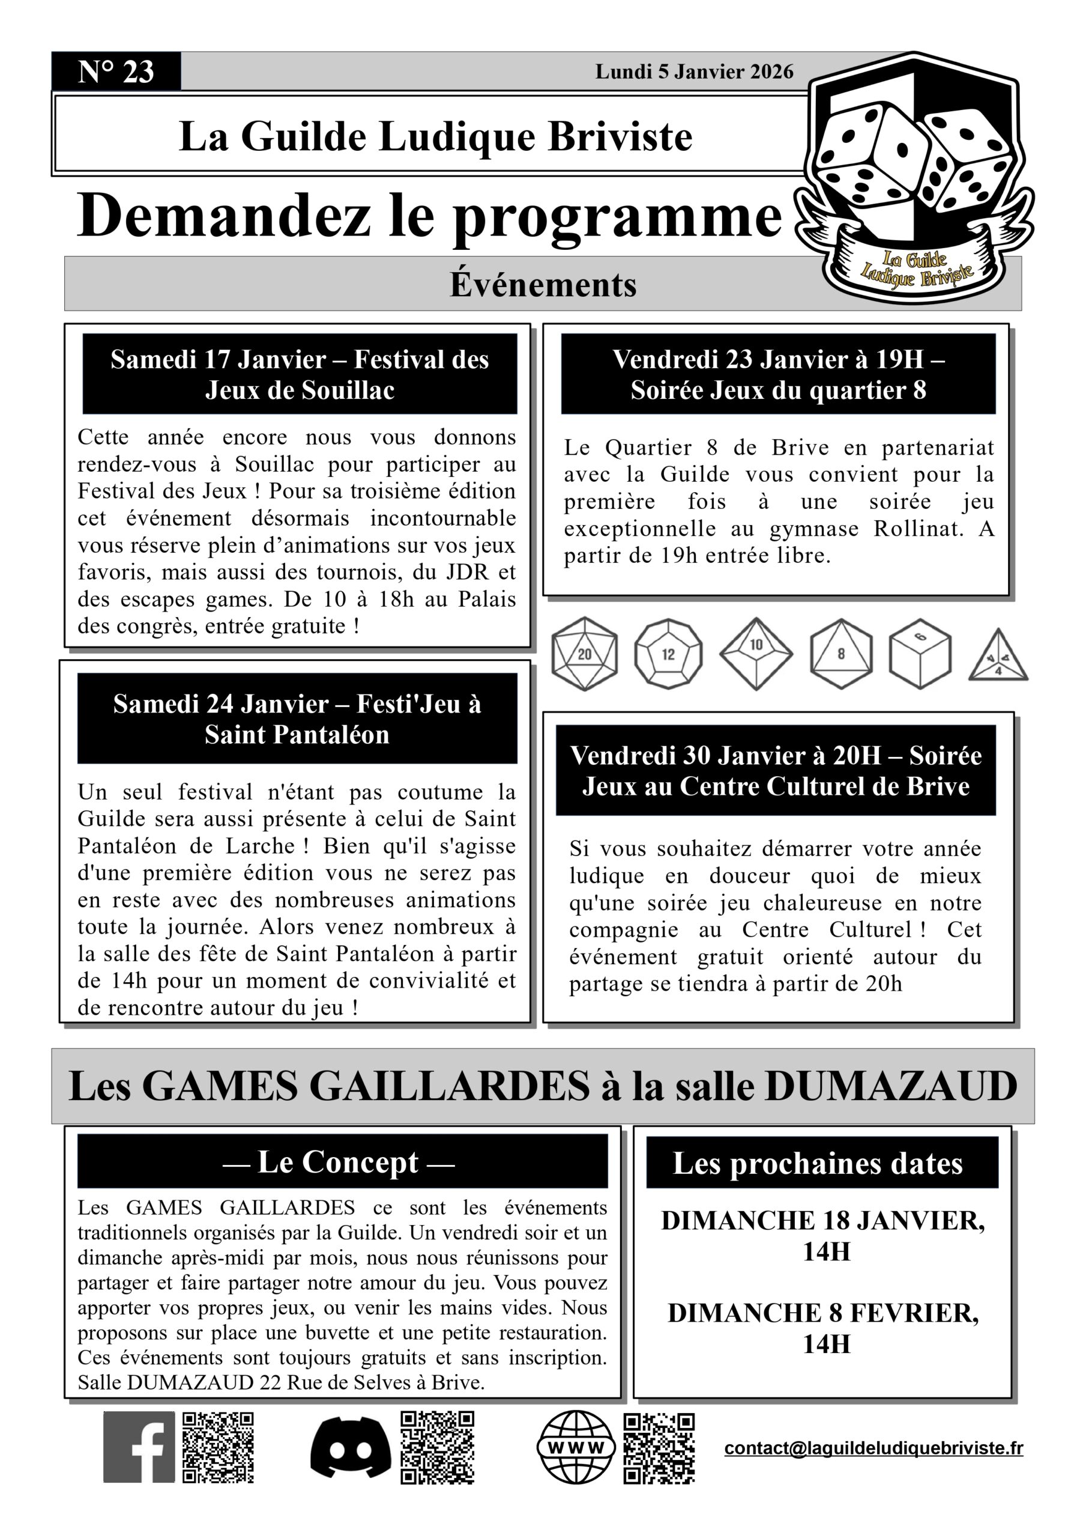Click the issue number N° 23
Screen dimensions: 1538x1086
pyautogui.click(x=116, y=71)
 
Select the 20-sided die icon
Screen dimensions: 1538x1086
pyautogui.click(x=584, y=654)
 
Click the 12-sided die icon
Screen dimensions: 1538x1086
pyautogui.click(x=668, y=654)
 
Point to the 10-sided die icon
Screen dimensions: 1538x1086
pyautogui.click(x=756, y=653)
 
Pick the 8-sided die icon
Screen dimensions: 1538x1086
pyautogui.click(x=841, y=653)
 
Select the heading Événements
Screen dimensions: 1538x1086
pyautogui.click(x=542, y=284)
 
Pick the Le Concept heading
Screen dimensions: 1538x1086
pyautogui.click(x=339, y=1161)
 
